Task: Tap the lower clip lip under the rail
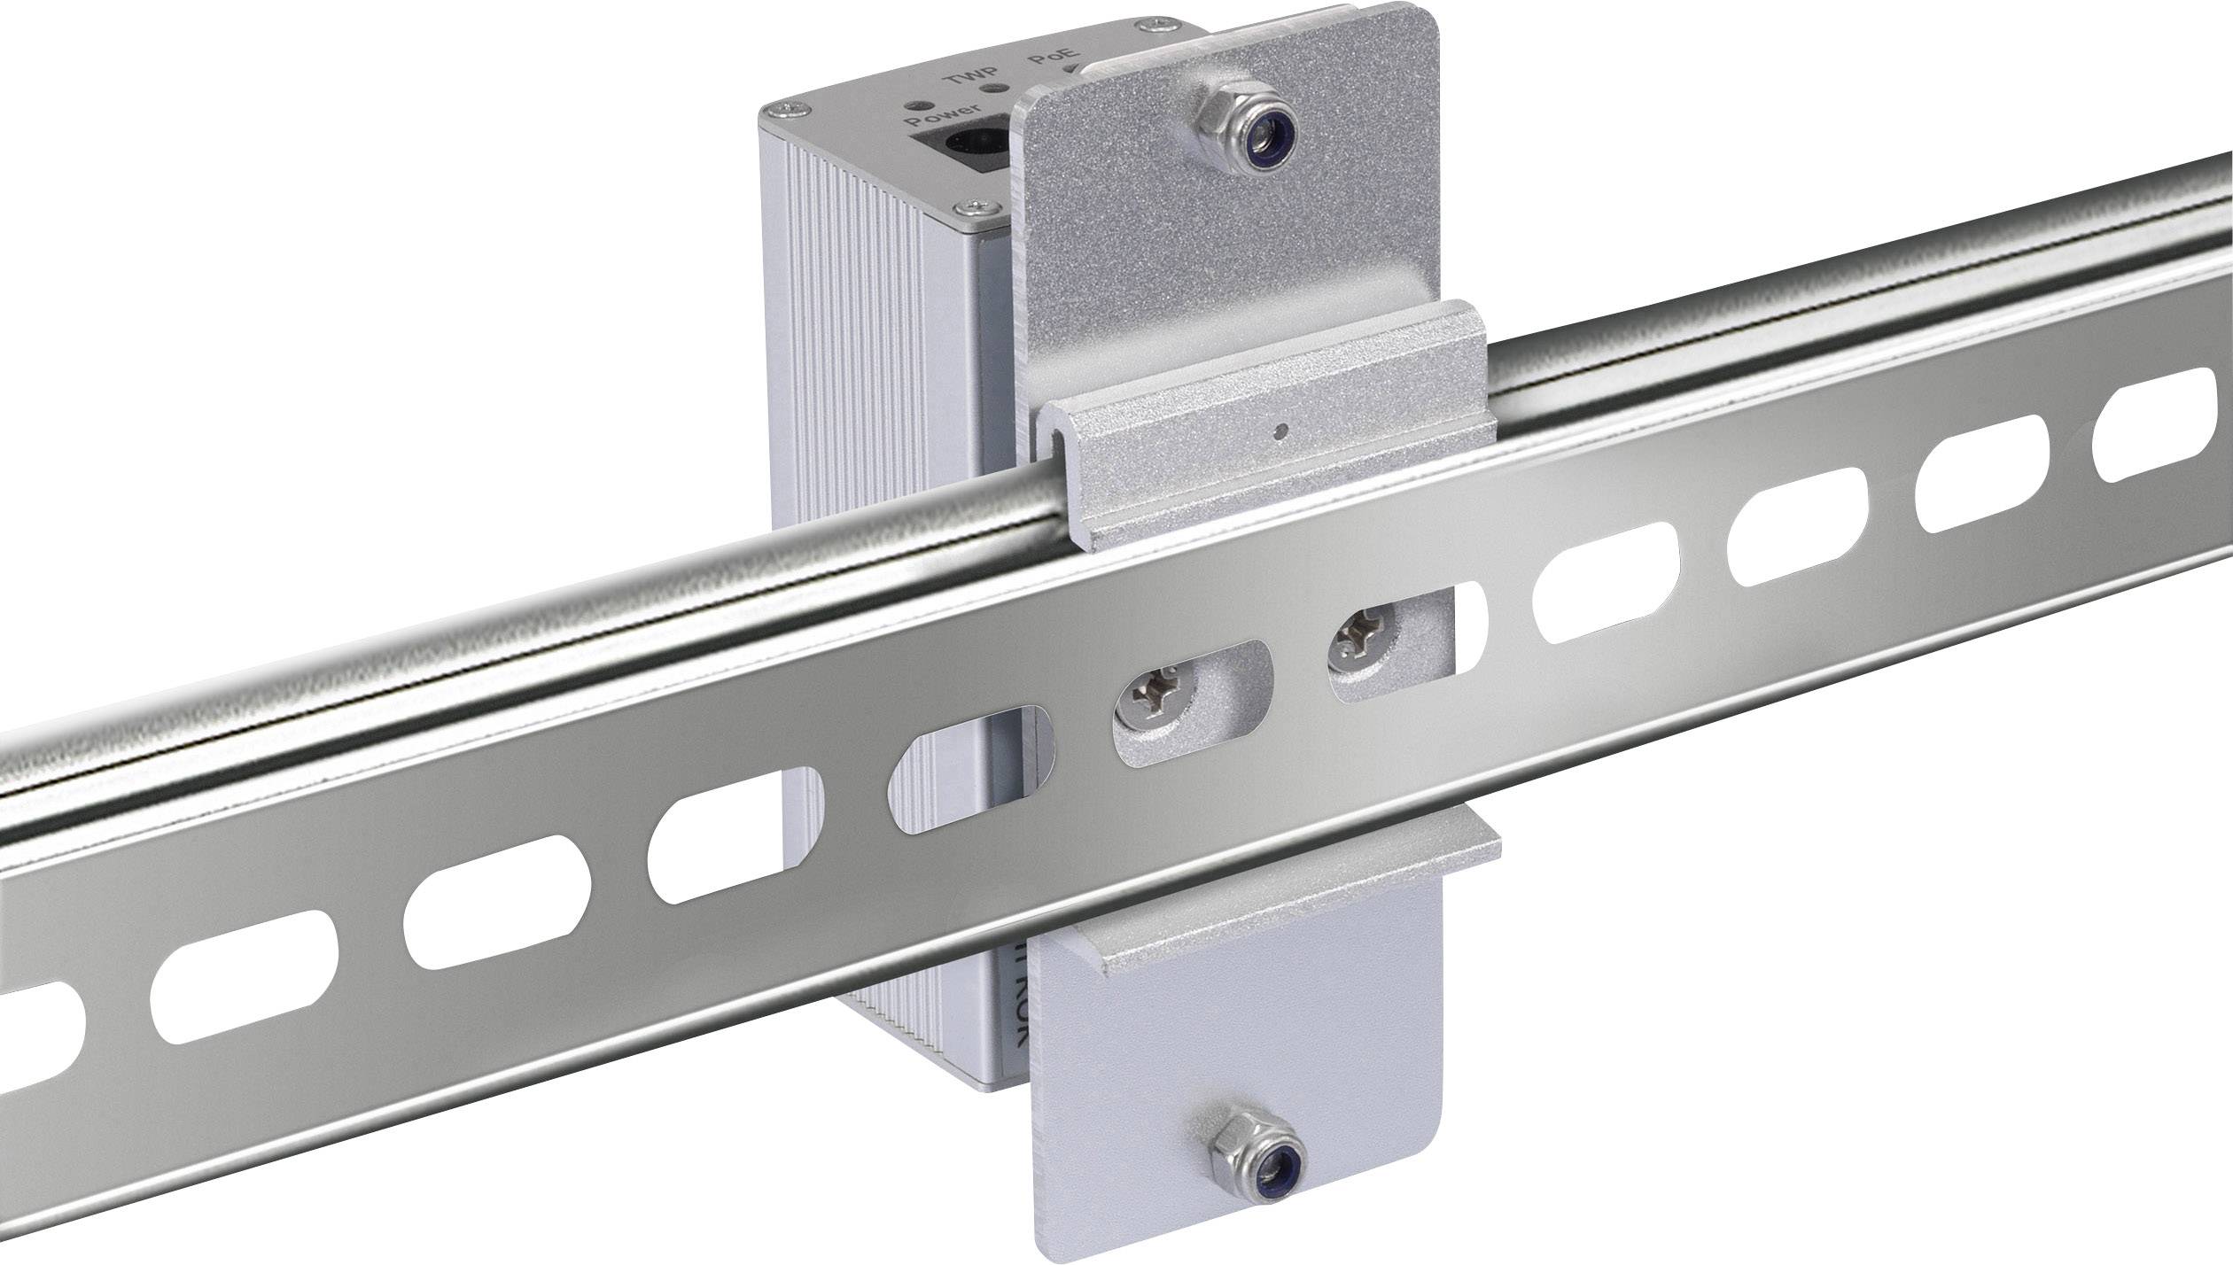[1179, 912]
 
